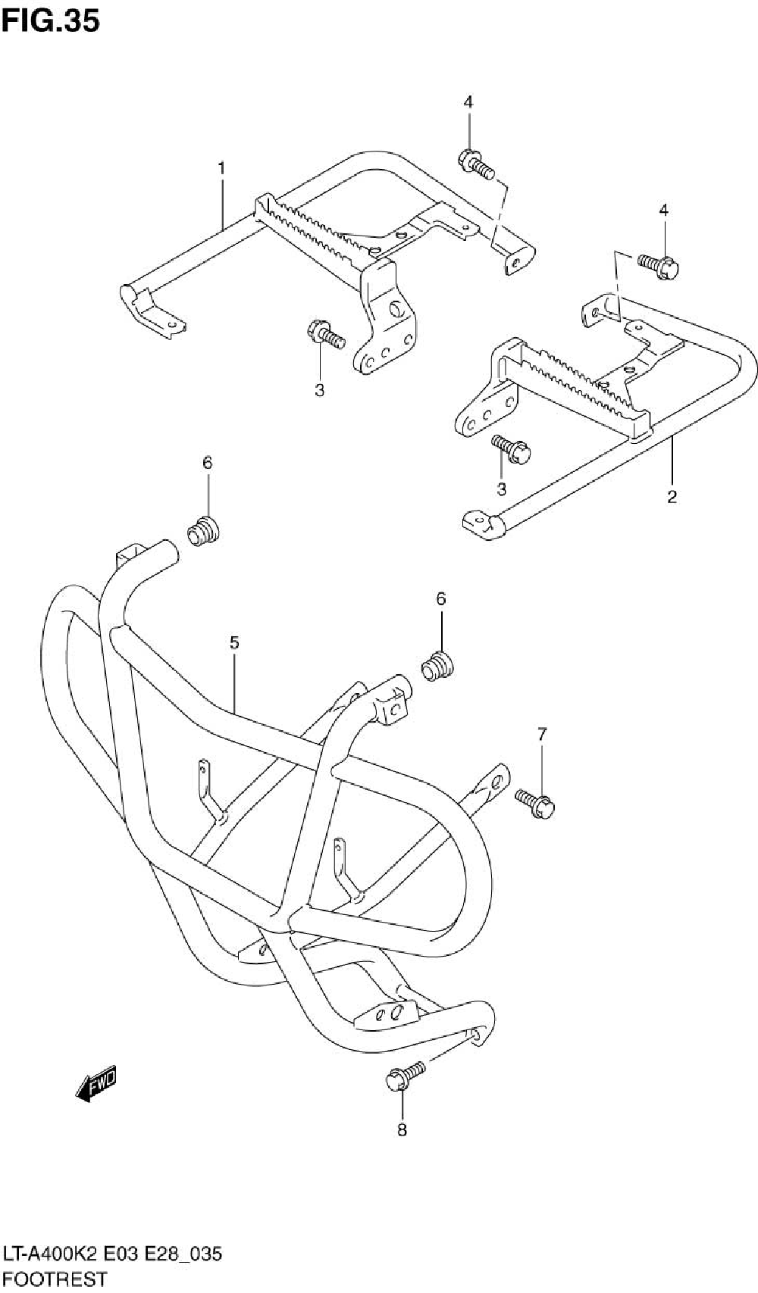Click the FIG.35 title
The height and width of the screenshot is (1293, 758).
tap(50, 20)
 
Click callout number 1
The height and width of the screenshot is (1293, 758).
tap(221, 169)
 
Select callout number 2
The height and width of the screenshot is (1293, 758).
tap(672, 497)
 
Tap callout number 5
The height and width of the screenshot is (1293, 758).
tap(234, 643)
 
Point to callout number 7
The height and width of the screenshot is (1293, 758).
tap(541, 733)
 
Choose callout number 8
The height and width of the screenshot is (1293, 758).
tap(402, 1131)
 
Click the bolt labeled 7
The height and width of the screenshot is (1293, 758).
tap(536, 802)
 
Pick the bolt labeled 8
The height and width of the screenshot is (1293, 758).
tap(405, 1076)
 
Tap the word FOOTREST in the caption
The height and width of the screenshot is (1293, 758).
tap(54, 1279)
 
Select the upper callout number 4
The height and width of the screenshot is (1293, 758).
tap(468, 102)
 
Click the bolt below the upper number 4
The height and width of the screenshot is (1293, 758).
tap(475, 164)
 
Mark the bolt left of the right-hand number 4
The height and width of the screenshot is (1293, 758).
tap(658, 265)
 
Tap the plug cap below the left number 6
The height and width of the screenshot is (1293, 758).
tap(202, 532)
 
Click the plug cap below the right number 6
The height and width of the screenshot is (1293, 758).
tap(437, 667)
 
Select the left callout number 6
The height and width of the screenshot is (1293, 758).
tap(207, 462)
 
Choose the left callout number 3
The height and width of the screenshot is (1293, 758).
tap(319, 391)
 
